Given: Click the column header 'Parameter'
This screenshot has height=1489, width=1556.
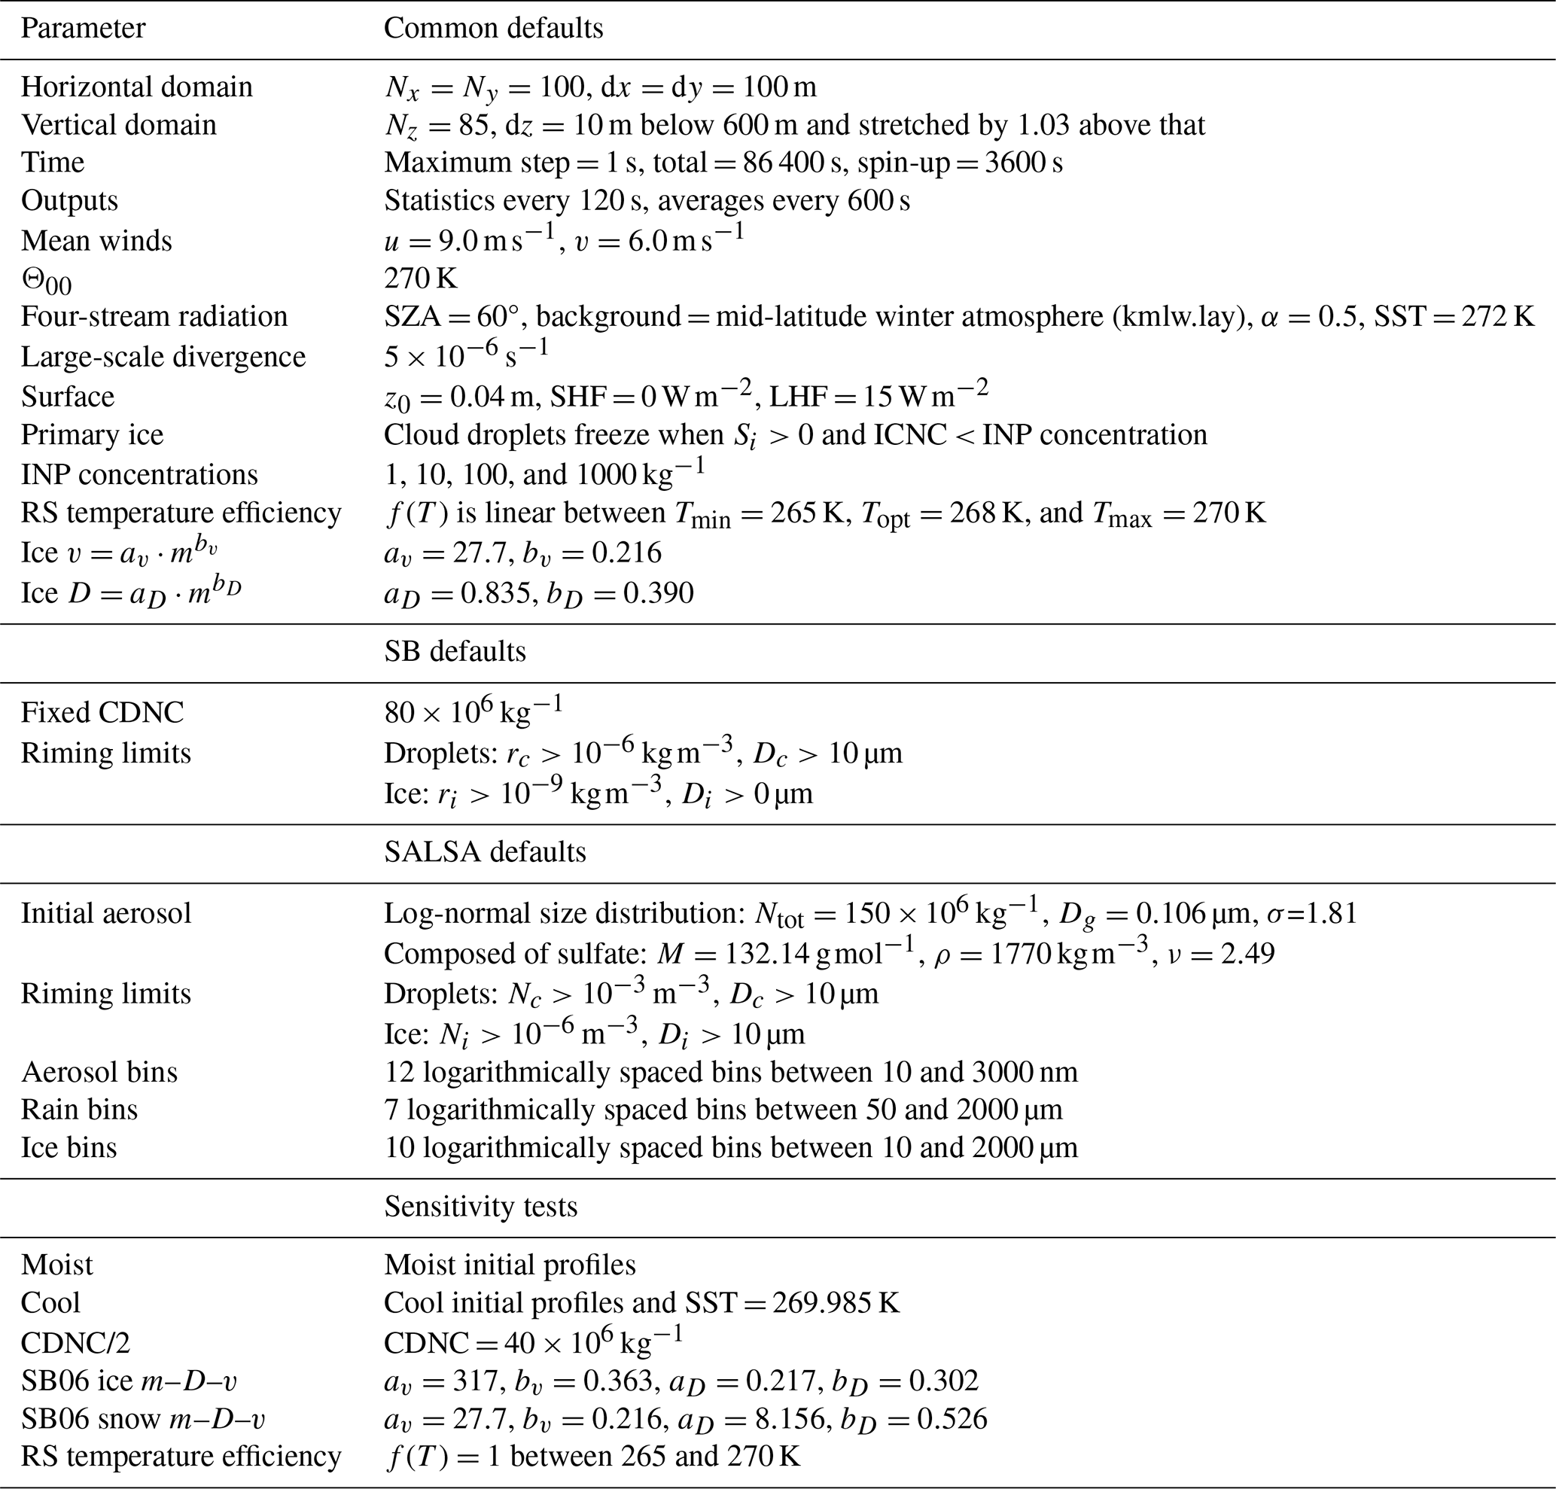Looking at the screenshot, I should tap(83, 29).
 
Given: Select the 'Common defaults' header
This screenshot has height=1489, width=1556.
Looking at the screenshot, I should tap(493, 29).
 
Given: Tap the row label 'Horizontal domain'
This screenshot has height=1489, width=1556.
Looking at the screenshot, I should tap(136, 87).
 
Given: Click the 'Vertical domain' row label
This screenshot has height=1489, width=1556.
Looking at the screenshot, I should tap(118, 125).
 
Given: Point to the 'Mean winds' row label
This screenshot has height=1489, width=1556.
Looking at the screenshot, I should tap(96, 240).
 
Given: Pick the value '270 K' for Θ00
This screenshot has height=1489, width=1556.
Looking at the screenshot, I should tap(420, 278).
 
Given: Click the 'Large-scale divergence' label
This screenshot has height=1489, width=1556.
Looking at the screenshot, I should tap(163, 357).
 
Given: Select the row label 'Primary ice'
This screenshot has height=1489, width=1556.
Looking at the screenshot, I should tap(92, 435).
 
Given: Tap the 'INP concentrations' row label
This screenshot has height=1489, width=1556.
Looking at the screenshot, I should tap(139, 475).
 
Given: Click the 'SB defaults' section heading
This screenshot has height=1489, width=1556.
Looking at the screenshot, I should tap(455, 652).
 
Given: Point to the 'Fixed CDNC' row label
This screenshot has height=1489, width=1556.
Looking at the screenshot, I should tap(102, 713).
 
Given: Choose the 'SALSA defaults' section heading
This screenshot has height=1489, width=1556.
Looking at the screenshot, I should tap(485, 851).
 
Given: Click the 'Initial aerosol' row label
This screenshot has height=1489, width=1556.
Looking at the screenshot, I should tap(106, 914).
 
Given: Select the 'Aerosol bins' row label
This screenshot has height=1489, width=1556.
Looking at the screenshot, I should tap(99, 1072).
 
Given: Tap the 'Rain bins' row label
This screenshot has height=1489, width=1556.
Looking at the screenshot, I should tap(79, 1110).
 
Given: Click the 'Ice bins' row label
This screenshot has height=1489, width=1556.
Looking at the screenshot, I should tap(69, 1148).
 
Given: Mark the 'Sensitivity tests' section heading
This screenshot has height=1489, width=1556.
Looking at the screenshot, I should tap(480, 1207).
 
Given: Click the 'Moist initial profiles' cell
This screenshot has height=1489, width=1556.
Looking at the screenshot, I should tap(510, 1265).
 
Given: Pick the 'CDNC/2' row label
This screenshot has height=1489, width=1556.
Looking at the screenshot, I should tap(75, 1343).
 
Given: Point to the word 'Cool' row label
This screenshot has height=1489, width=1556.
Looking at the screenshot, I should tap(50, 1302).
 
